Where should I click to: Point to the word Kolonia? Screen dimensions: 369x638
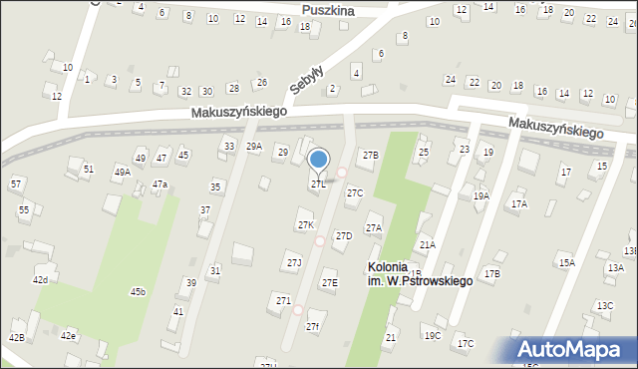387,267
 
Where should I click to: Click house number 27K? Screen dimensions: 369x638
306,225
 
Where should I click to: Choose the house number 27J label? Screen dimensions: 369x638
294,262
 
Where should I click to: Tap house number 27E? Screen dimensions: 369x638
329,283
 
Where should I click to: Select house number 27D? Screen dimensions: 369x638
343,235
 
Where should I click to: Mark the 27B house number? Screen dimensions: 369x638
370,155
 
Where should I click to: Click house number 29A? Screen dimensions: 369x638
254,147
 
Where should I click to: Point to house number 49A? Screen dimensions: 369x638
122,172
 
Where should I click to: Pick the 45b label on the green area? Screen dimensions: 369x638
138,291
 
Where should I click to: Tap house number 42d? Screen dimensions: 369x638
40,279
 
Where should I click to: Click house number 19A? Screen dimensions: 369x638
481,196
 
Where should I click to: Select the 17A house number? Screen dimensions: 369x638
518,203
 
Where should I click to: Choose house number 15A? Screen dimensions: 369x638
566,262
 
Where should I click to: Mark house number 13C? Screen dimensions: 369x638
604,305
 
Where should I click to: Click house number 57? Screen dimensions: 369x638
16,184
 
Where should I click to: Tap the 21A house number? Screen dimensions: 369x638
427,244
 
